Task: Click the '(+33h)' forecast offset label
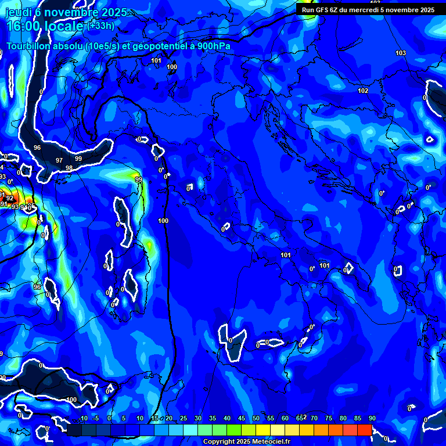101,26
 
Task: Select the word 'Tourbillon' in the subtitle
31,46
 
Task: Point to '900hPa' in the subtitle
211,46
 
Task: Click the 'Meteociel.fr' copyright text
271,442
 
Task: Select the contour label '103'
401,53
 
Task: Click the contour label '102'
363,91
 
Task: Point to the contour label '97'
59,160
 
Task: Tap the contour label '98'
69,168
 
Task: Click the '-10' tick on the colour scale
82,419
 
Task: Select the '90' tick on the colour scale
372,419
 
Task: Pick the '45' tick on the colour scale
241,419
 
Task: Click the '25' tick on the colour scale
183,419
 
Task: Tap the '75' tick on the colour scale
328,419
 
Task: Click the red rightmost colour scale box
364,430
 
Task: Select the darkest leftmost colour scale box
74,430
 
